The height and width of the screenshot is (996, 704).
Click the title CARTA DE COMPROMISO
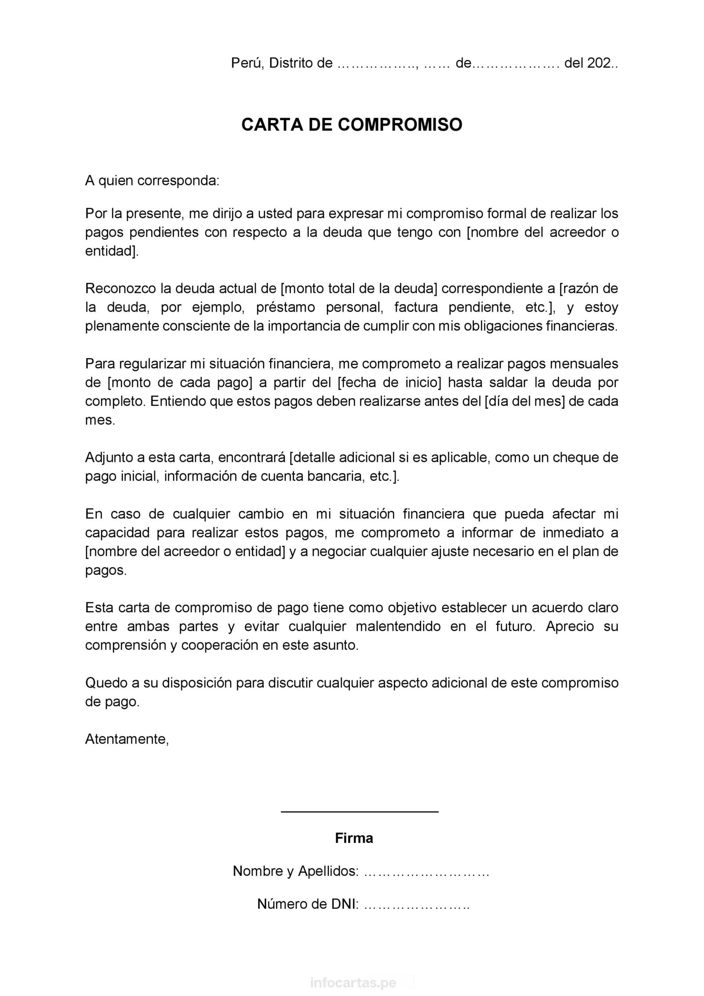[352, 125]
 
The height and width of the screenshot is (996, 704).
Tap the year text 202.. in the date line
[602, 63]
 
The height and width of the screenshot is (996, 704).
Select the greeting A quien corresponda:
[152, 181]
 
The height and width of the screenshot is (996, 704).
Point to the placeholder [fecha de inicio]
[389, 382]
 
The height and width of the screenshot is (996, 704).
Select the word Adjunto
[109, 457]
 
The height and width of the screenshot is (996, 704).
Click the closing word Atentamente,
[127, 739]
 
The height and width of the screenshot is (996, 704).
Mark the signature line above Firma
[359, 811]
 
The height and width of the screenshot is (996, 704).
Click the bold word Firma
[354, 838]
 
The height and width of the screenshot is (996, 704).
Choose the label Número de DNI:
[308, 904]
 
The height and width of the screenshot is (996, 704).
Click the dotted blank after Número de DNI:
[417, 904]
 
